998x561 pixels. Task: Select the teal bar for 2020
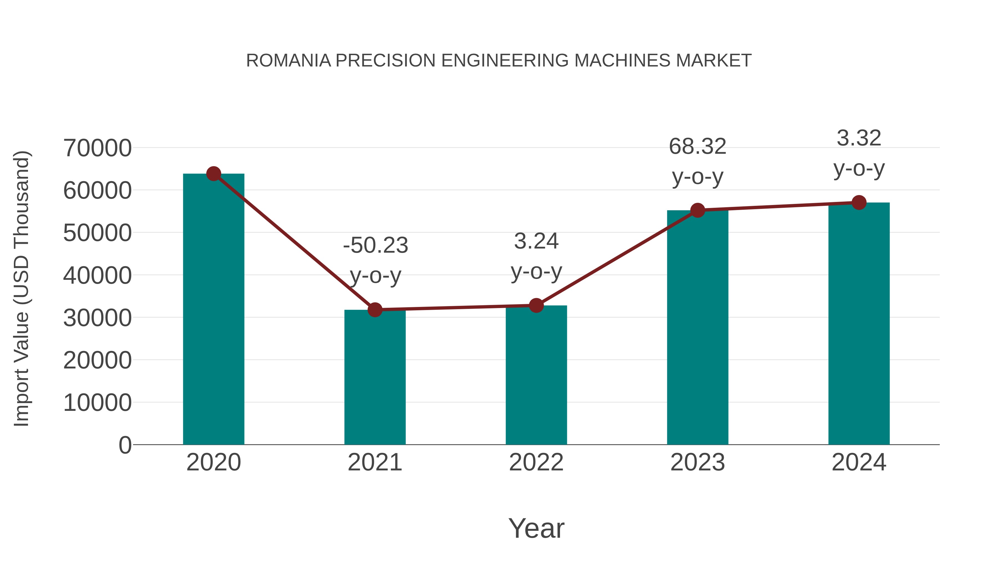tap(213, 310)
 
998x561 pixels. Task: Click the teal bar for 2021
tap(375, 378)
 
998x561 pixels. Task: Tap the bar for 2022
tap(536, 376)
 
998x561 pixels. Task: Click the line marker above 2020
tap(213, 174)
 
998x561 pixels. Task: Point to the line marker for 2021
tap(375, 310)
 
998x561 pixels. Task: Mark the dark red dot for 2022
tap(536, 306)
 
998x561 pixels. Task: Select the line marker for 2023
tap(697, 210)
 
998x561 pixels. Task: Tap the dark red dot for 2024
tap(859, 203)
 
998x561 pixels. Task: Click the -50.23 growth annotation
tap(375, 245)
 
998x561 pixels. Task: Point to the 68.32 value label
tap(697, 147)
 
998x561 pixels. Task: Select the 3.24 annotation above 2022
tap(536, 242)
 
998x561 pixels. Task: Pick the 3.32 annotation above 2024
tap(859, 138)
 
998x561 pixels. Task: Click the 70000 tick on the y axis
tap(97, 148)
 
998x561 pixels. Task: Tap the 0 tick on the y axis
tap(125, 445)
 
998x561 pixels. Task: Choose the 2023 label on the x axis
tap(697, 462)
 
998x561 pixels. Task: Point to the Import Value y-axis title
tap(22, 288)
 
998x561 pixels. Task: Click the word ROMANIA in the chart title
tap(289, 61)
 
